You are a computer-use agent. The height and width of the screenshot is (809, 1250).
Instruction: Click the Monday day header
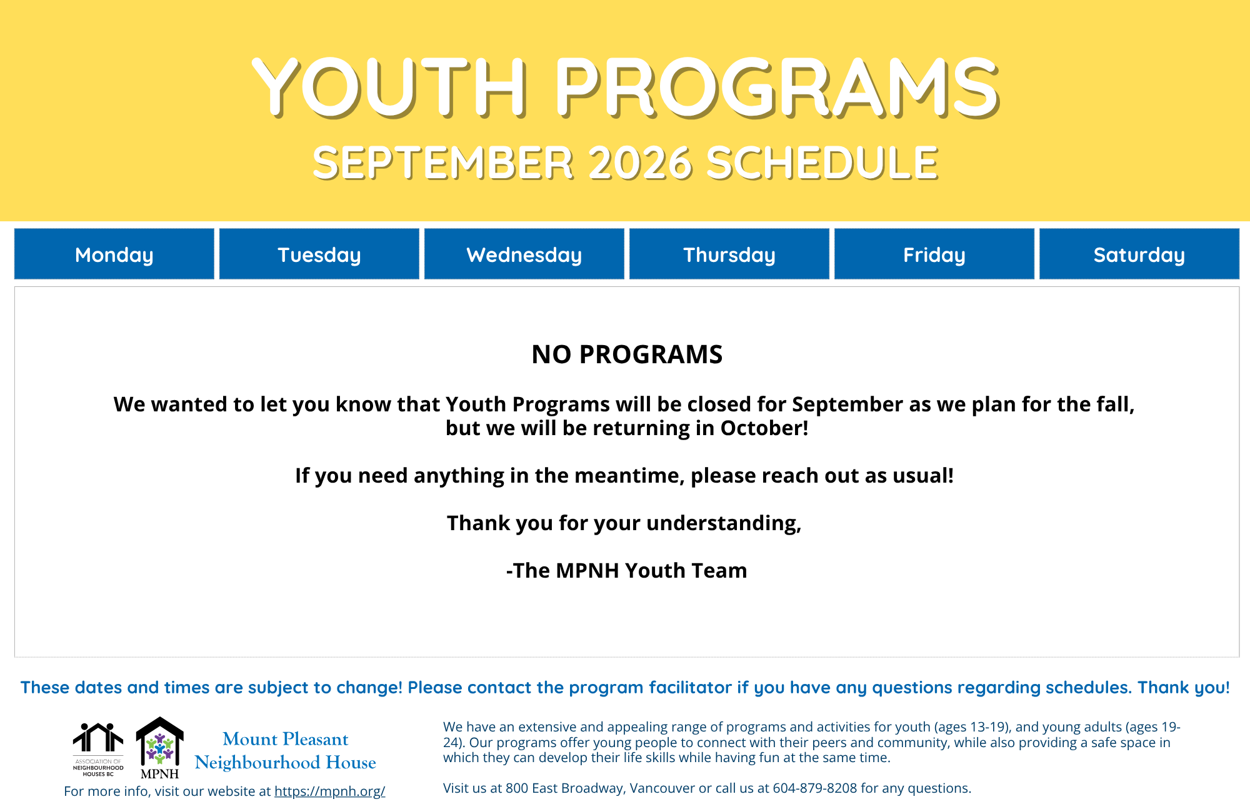(x=114, y=254)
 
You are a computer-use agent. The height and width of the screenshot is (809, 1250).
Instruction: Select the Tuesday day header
(x=319, y=254)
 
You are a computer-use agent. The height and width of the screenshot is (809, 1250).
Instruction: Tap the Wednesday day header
(x=524, y=254)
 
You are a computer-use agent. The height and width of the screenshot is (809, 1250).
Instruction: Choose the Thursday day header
(x=729, y=254)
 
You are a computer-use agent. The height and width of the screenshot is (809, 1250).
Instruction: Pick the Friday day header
(x=934, y=254)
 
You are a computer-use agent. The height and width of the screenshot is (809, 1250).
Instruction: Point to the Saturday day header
(x=1139, y=254)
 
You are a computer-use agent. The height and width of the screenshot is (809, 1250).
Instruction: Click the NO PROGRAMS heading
(x=627, y=354)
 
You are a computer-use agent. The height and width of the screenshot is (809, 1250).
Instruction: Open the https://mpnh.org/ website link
(x=330, y=791)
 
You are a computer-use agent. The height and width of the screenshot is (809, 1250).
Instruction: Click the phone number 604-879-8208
(x=815, y=788)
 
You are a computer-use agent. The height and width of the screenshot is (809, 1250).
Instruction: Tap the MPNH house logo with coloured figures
(x=160, y=748)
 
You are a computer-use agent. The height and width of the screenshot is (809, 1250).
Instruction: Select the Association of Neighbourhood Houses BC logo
(x=98, y=750)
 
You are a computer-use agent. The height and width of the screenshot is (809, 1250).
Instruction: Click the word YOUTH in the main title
(x=391, y=87)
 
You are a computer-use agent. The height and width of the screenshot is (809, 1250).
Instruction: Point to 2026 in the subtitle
(x=640, y=163)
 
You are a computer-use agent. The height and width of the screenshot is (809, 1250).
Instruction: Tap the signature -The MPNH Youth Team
(x=627, y=571)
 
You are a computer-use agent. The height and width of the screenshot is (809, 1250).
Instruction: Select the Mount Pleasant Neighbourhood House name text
(x=286, y=751)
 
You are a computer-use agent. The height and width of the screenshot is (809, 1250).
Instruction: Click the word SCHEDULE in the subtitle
(x=822, y=163)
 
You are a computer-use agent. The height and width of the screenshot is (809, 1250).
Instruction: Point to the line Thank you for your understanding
(x=624, y=523)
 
